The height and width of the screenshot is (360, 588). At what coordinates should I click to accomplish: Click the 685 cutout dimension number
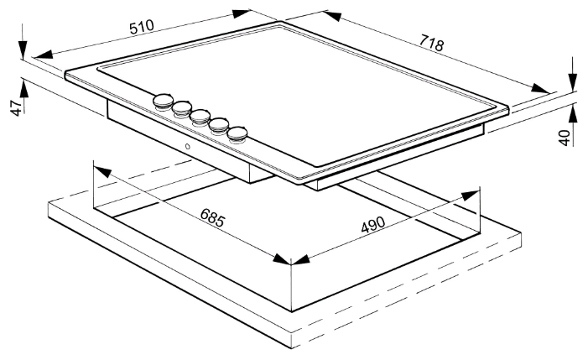(x=213, y=217)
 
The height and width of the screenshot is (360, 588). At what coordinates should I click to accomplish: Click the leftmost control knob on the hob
(x=162, y=102)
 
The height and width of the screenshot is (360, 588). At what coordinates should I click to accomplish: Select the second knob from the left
(x=182, y=108)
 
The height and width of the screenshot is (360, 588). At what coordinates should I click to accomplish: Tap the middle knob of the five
(x=200, y=117)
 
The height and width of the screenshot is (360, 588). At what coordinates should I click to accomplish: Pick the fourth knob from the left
(x=220, y=125)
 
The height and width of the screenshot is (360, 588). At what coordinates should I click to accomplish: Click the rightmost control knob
(x=240, y=133)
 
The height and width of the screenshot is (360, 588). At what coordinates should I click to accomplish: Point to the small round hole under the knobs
(x=187, y=148)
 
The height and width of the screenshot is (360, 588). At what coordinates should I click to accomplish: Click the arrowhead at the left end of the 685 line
(x=101, y=171)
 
